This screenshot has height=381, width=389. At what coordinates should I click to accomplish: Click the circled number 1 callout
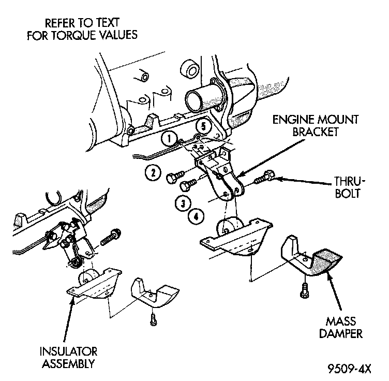coord(168,138)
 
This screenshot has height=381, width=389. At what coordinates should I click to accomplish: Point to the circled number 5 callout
coord(203,126)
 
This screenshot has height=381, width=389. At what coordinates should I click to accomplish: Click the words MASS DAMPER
coord(339,328)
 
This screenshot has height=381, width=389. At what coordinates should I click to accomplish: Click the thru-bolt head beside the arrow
coord(266,178)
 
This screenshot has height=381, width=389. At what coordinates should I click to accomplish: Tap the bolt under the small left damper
coord(153,318)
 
